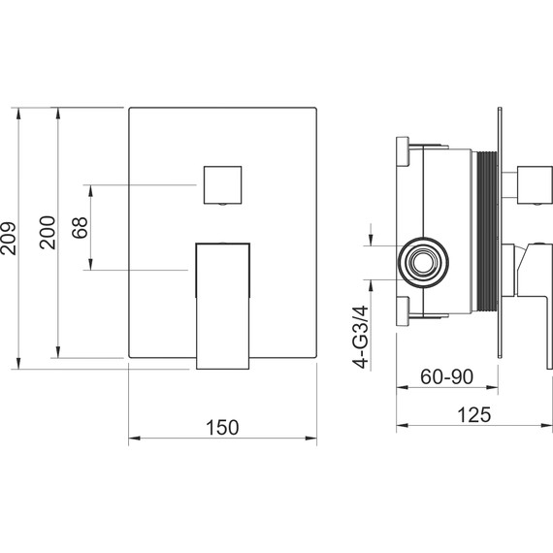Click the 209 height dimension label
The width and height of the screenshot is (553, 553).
click(8, 238)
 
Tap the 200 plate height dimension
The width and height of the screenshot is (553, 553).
click(48, 233)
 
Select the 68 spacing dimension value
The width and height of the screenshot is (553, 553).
click(80, 227)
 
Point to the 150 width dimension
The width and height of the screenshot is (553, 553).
click(222, 428)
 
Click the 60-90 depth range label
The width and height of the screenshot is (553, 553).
click(446, 376)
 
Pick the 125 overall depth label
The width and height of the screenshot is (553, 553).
click(473, 415)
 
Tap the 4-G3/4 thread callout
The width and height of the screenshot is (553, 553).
click(361, 338)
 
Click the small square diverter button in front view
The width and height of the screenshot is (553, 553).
click(222, 184)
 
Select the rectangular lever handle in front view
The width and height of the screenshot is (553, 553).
click(223, 306)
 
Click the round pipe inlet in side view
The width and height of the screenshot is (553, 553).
click(423, 262)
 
